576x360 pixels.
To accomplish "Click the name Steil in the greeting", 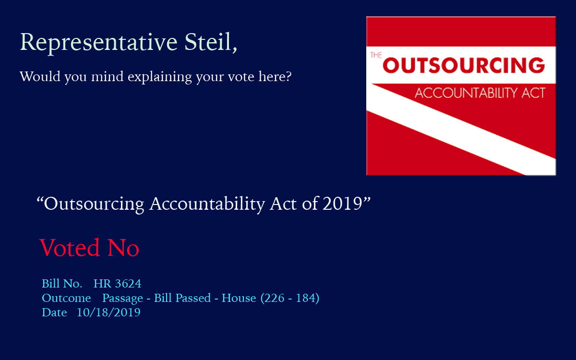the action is (208, 42).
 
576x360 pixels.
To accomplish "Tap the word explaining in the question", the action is (160, 77).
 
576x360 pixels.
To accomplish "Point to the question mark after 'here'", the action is (288, 76).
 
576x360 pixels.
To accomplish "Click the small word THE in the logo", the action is (376, 55).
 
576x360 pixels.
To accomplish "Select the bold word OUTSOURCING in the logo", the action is (464, 65).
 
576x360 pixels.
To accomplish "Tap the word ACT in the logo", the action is (534, 93).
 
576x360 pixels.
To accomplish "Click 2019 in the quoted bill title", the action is (342, 204).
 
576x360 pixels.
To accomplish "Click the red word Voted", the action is (70, 247).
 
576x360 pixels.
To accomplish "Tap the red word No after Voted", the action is (123, 248).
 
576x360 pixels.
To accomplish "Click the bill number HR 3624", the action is (117, 284).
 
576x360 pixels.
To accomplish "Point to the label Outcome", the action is (66, 298).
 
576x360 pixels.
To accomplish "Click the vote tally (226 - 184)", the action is (290, 298).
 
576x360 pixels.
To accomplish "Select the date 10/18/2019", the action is (108, 312).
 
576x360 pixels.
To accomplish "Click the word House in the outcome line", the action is (239, 298).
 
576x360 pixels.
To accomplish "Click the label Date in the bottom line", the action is (54, 312).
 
